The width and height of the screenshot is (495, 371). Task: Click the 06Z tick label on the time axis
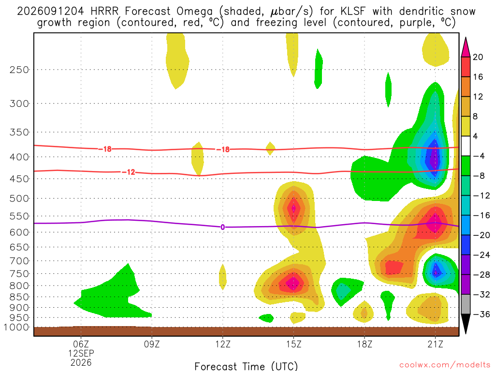click(x=81, y=344)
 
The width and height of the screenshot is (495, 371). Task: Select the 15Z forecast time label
click(x=294, y=344)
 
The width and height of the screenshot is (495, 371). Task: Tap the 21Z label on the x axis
click(x=436, y=344)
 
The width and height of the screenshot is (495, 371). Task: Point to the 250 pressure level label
click(x=19, y=70)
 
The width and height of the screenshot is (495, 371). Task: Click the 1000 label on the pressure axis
click(x=17, y=328)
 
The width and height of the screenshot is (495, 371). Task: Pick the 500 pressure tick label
click(x=19, y=199)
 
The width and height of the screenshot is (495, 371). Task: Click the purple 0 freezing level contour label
click(x=223, y=227)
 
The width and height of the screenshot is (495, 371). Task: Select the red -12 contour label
click(x=129, y=172)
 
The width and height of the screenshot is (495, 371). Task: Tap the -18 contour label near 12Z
click(x=223, y=150)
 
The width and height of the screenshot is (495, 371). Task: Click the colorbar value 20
click(x=478, y=57)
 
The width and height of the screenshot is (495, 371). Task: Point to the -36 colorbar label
click(x=481, y=314)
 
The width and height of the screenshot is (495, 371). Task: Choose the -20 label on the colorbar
click(x=481, y=235)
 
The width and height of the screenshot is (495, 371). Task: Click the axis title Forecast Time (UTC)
click(x=246, y=366)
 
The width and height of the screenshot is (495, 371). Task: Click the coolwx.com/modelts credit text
click(x=445, y=365)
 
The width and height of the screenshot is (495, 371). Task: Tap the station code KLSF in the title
click(x=353, y=12)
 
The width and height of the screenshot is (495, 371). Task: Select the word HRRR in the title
click(x=104, y=12)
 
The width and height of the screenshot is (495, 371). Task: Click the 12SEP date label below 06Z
click(x=81, y=353)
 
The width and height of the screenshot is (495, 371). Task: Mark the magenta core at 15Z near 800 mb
click(x=293, y=283)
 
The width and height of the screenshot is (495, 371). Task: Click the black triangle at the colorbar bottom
click(x=466, y=324)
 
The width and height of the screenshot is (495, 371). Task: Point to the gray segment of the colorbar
click(x=466, y=304)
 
